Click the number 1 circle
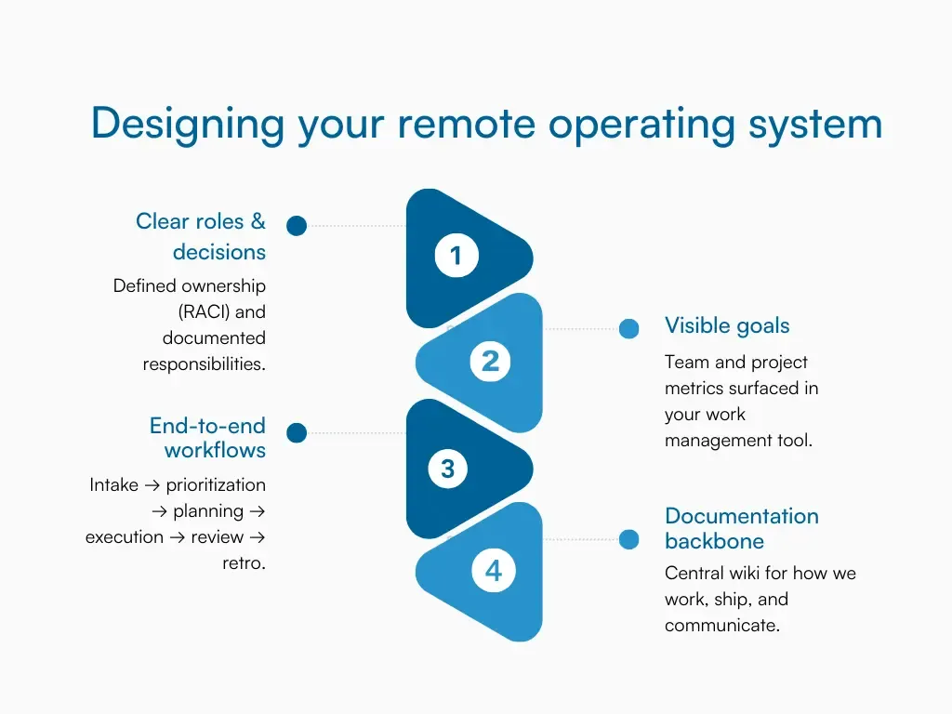coord(456,256)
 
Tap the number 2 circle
coord(491,361)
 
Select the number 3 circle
coord(448,469)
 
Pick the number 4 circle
coord(493,570)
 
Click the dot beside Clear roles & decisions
coord(297,225)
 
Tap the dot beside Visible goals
coord(629,328)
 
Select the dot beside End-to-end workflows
coord(297,432)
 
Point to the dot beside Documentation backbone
coord(629,539)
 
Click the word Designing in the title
coord(188,125)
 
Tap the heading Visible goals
coord(727,325)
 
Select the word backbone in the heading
coord(714,541)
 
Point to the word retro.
coord(244,563)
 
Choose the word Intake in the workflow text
coord(114,485)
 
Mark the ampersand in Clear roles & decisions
coord(258,221)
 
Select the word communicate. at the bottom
coord(722,626)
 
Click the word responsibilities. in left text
coord(204,364)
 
